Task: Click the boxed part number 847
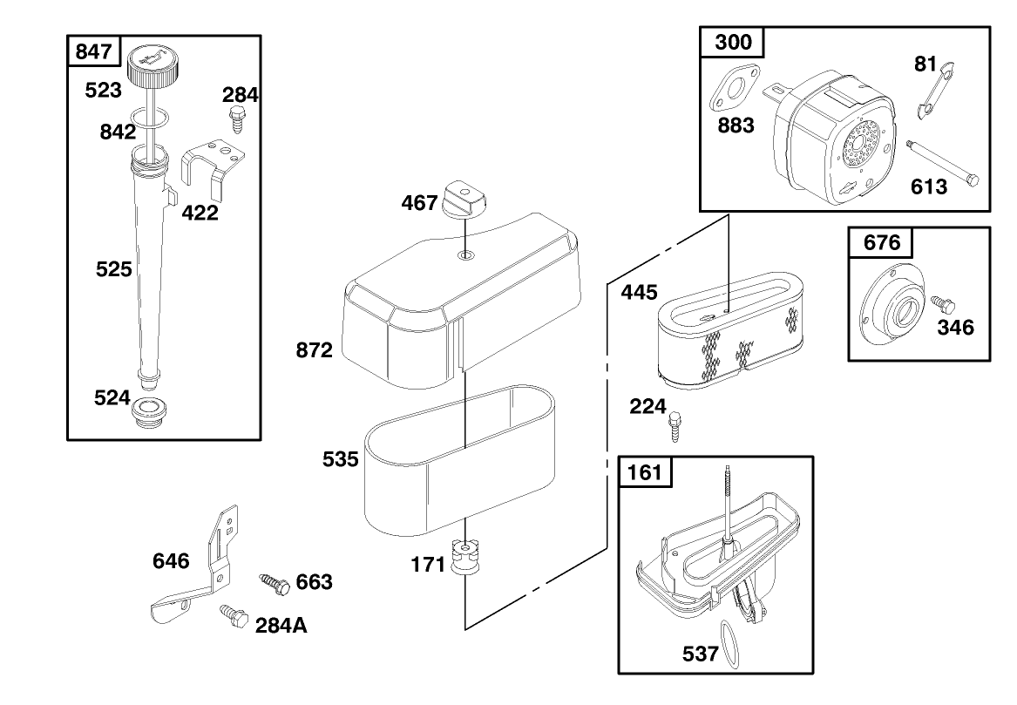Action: click(x=93, y=51)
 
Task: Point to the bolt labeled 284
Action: click(x=235, y=118)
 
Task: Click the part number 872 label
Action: click(x=314, y=351)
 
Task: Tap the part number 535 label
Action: click(x=340, y=459)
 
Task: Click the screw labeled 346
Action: click(x=941, y=305)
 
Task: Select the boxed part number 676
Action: click(x=881, y=242)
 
